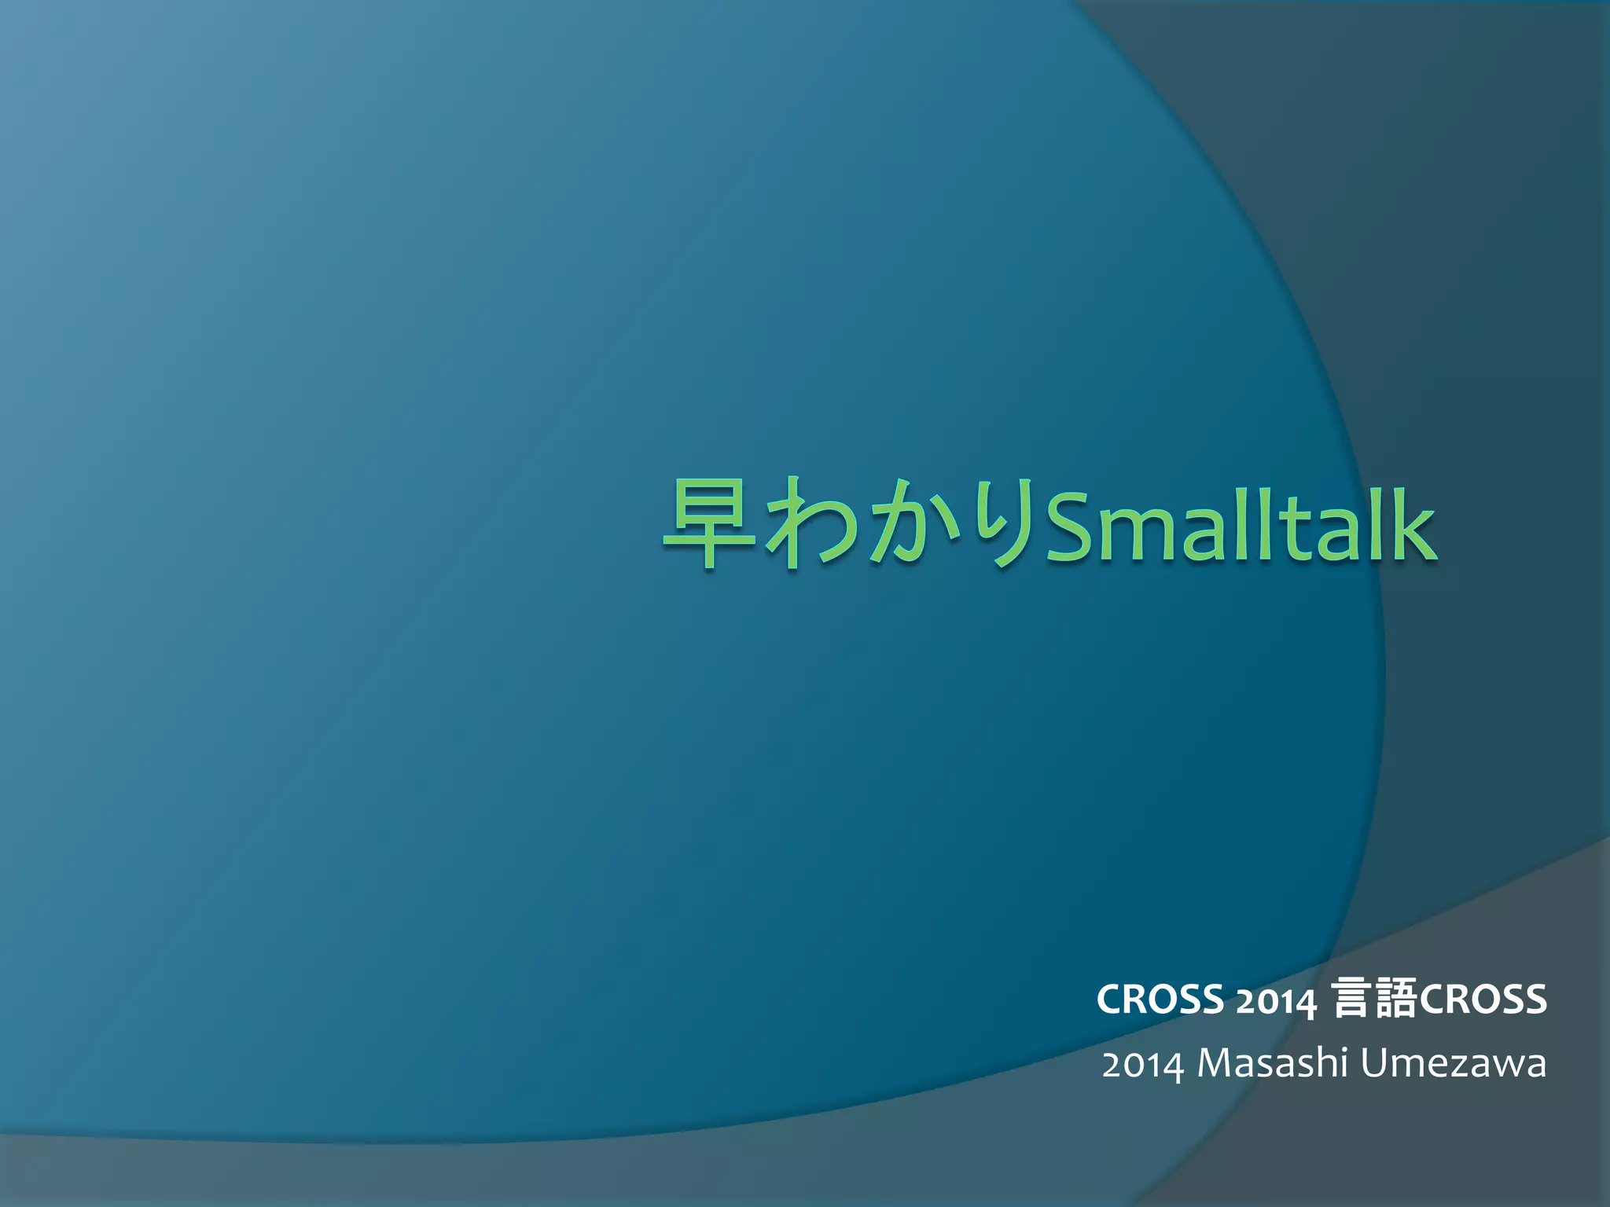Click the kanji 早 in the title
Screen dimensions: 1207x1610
(x=709, y=523)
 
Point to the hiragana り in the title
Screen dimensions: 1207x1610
(x=1000, y=523)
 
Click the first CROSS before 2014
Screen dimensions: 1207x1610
(x=1160, y=1000)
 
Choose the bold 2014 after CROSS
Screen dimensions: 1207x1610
(x=1275, y=1001)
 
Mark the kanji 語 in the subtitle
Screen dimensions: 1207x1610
(x=1396, y=1000)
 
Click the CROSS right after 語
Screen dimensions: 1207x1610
(x=1483, y=1000)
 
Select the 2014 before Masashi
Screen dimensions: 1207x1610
(x=1142, y=1066)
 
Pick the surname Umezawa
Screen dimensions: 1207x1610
(x=1453, y=1064)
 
